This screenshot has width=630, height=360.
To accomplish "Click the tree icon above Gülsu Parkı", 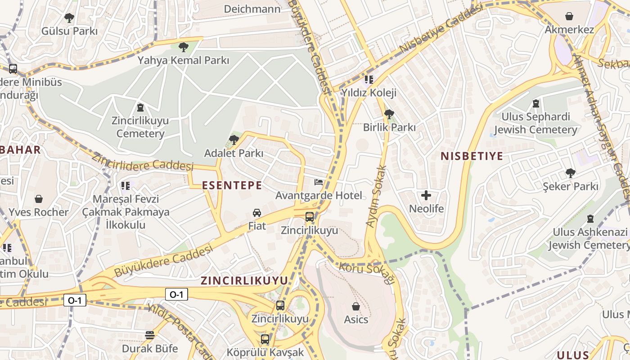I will coord(69,18).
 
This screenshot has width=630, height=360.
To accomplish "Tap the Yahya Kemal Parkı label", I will coord(183,60).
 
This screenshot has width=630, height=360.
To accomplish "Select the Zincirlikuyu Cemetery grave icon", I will coord(140,108).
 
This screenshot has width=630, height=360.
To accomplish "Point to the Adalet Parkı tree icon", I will coord(234,140).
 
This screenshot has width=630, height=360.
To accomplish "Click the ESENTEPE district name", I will coord(232,185).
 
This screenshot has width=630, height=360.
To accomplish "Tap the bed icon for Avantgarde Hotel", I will coord(319,182).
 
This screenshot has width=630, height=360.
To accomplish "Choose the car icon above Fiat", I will coord(257,213).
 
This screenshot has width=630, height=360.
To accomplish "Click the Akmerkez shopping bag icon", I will coord(569,17).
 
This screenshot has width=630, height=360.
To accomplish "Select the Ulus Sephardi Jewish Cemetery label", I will coord(535,123).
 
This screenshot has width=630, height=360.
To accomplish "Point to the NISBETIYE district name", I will coord(472,156).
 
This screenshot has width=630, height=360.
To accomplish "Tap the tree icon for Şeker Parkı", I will coord(570,173).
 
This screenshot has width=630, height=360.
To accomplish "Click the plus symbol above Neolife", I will coord(426,195).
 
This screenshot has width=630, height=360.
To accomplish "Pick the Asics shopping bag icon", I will coord(356,306).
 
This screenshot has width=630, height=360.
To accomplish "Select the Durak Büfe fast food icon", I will coord(150,335).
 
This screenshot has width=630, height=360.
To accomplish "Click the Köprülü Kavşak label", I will coord(265,352).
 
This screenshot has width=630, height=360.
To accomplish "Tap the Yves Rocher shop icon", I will coord(39,199).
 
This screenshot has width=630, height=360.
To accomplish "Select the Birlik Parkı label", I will coord(389,127).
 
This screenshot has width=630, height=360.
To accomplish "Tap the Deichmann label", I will coord(252,9).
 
